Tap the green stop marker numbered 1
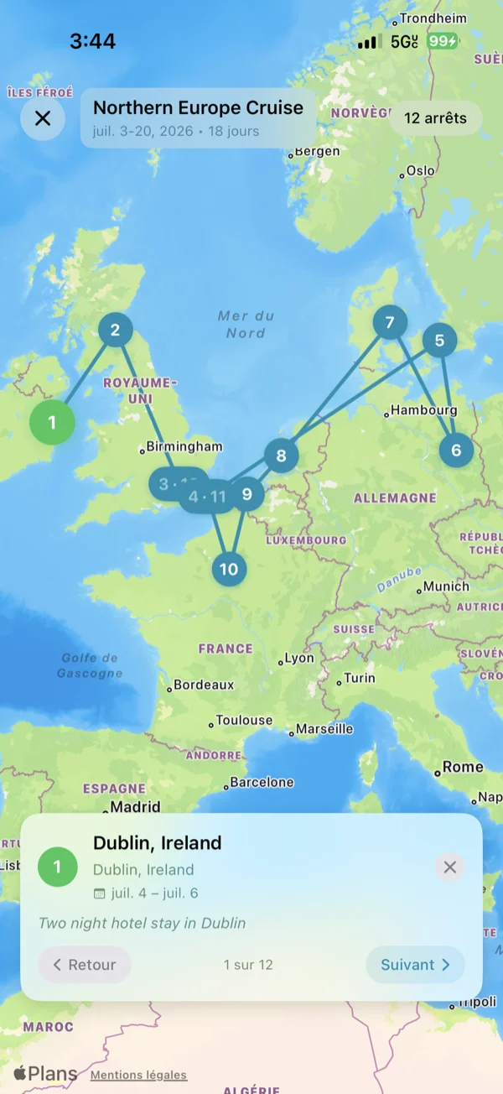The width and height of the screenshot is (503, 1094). [x=52, y=422]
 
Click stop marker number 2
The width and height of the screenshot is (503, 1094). [x=116, y=330]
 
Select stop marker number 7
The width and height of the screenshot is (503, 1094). [x=390, y=322]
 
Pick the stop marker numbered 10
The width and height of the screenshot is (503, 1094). [x=229, y=570]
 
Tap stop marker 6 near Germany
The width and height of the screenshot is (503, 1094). [x=456, y=450]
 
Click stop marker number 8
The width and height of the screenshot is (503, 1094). [x=281, y=456]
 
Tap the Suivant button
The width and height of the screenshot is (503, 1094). [x=415, y=965]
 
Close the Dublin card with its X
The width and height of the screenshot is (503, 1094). [x=450, y=867]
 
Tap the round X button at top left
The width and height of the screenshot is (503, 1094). [x=43, y=118]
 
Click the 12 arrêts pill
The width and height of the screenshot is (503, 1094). [x=435, y=118]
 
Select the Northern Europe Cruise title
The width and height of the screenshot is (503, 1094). [x=198, y=107]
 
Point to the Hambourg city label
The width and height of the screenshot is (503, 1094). [x=424, y=410]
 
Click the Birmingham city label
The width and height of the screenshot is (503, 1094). [x=184, y=446]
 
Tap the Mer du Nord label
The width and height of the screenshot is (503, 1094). [x=246, y=324]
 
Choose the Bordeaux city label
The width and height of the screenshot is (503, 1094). [x=204, y=685]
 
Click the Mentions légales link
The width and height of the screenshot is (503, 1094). [x=138, y=1075]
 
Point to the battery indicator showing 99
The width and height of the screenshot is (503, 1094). [x=442, y=41]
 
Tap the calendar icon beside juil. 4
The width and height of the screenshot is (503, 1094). [x=100, y=893]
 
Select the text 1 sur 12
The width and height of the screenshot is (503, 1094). [x=248, y=965]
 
